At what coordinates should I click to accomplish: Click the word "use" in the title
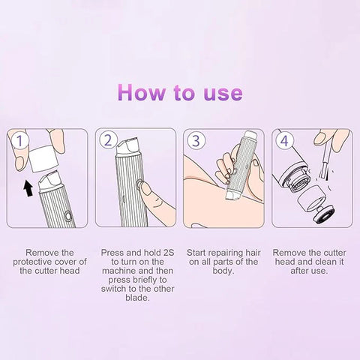click(220, 93)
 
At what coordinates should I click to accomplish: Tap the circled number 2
click(107, 139)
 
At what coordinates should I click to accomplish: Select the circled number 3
click(195, 139)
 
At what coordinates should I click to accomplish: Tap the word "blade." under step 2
click(134, 298)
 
